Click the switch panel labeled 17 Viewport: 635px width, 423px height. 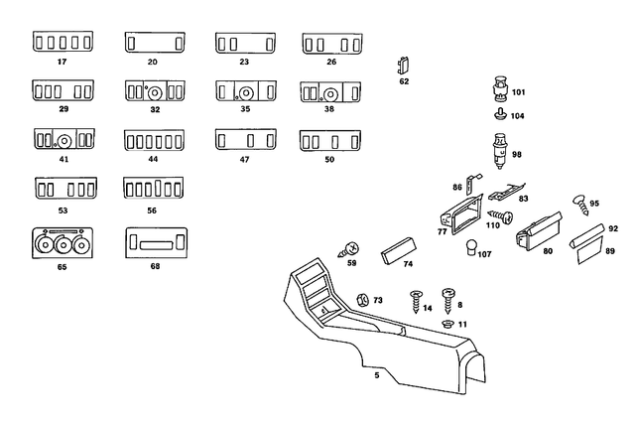61,44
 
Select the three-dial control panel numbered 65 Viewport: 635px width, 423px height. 61,243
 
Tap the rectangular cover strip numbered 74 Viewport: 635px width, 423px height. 397,248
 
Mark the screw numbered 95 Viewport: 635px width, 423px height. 579,203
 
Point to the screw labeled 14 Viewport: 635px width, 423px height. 415,297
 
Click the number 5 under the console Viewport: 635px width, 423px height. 376,375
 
